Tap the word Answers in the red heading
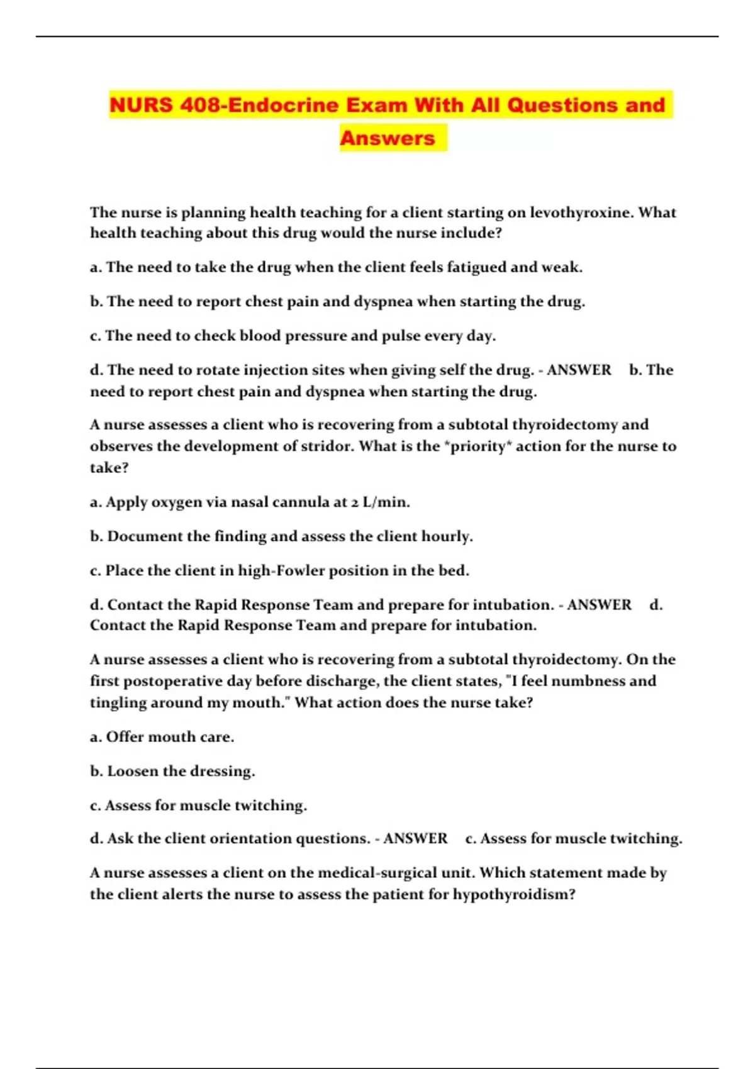(388, 138)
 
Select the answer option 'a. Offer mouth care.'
(162, 737)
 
